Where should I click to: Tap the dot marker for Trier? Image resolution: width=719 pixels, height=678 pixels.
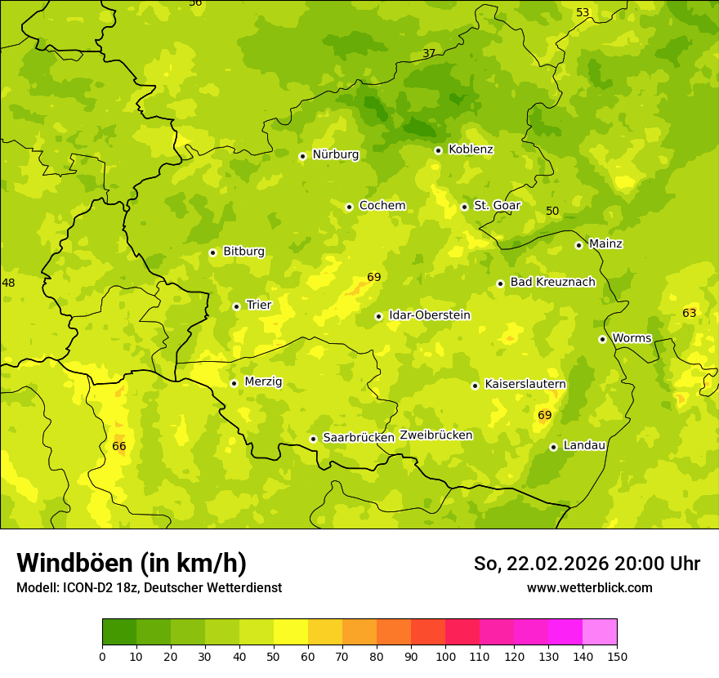click(236, 306)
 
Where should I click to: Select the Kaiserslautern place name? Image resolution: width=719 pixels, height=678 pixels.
click(525, 384)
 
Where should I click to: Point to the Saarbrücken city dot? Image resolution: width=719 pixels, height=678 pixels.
click(313, 439)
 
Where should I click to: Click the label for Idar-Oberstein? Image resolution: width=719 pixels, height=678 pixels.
click(430, 315)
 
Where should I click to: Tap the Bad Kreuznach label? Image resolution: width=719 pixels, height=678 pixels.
click(552, 282)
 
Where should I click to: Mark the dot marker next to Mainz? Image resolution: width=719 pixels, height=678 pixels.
click(578, 245)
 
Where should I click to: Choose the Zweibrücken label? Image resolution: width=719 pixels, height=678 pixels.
click(435, 435)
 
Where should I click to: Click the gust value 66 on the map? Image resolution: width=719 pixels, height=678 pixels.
click(119, 446)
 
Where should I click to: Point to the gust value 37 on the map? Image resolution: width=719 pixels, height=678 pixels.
click(429, 54)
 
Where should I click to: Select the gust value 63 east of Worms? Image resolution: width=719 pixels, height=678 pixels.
click(690, 313)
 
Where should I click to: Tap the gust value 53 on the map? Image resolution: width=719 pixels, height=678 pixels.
click(583, 12)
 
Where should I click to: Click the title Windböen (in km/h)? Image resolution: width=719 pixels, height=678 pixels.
click(132, 563)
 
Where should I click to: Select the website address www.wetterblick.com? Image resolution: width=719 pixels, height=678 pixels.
click(589, 587)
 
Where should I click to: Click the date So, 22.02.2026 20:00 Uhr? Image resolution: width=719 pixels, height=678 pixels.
click(587, 564)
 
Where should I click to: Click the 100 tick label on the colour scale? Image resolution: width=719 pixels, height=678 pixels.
click(445, 656)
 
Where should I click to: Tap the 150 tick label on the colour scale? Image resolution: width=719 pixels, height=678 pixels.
click(617, 656)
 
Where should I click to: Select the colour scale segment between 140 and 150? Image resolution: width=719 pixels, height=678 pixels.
click(600, 632)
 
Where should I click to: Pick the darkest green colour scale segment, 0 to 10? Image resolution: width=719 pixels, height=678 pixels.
click(119, 632)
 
